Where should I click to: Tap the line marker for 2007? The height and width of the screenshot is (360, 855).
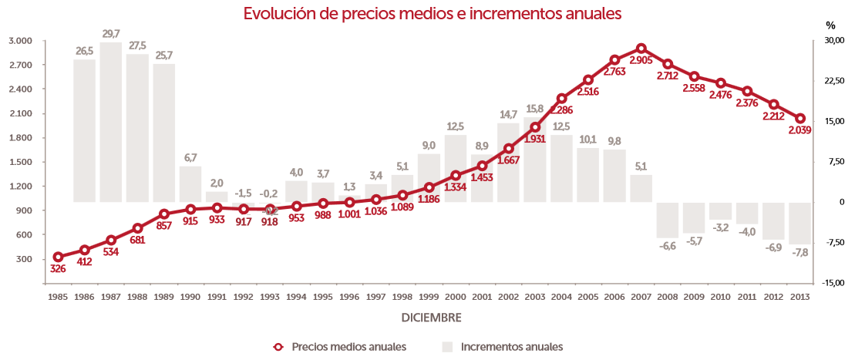pyautogui.click(x=641, y=49)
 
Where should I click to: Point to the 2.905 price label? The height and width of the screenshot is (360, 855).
pyautogui.click(x=641, y=60)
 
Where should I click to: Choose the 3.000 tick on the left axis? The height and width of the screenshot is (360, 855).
pyautogui.click(x=21, y=41)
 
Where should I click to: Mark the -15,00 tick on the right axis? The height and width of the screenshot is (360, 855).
pyautogui.click(x=833, y=284)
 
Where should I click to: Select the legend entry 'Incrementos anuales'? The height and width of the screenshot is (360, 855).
pyautogui.click(x=511, y=346)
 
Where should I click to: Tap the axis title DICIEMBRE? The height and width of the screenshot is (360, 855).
pyautogui.click(x=432, y=317)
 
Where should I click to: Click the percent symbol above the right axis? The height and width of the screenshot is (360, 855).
pyautogui.click(x=830, y=25)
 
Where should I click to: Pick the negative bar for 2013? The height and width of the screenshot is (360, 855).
pyautogui.click(x=800, y=224)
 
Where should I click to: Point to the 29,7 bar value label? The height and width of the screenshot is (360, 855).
pyautogui.click(x=111, y=34)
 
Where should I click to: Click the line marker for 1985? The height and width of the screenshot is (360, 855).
pyautogui.click(x=58, y=257)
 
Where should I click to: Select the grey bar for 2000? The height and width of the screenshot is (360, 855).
pyautogui.click(x=456, y=168)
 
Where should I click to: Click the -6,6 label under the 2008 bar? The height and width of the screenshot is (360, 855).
pyautogui.click(x=667, y=246)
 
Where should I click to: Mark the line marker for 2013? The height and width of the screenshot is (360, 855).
pyautogui.click(x=800, y=119)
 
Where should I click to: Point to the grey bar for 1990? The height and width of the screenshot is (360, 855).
pyautogui.click(x=190, y=184)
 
